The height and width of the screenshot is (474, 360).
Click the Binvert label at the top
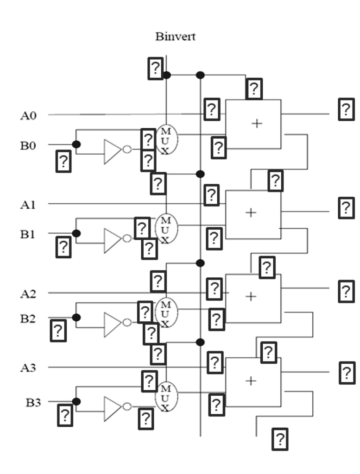175,37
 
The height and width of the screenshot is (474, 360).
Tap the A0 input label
28,115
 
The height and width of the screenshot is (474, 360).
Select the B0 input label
28,145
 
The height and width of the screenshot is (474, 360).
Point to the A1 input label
28,205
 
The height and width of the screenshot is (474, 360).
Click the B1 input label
28,234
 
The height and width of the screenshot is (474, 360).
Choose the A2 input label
28,293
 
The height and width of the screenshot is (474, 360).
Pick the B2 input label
28,318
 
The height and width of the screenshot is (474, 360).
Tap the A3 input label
28,368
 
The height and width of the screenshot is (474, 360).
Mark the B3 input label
33,402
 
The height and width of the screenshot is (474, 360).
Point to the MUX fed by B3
166,398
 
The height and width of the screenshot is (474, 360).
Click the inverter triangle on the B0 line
112,151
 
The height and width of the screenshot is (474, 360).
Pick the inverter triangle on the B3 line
112,408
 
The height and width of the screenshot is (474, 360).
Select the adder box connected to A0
253,124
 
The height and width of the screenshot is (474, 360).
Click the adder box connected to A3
253,381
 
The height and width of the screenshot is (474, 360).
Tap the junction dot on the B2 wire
76,318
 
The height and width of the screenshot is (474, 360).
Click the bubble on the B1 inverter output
127,238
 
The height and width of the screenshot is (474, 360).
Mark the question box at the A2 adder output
346,291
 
